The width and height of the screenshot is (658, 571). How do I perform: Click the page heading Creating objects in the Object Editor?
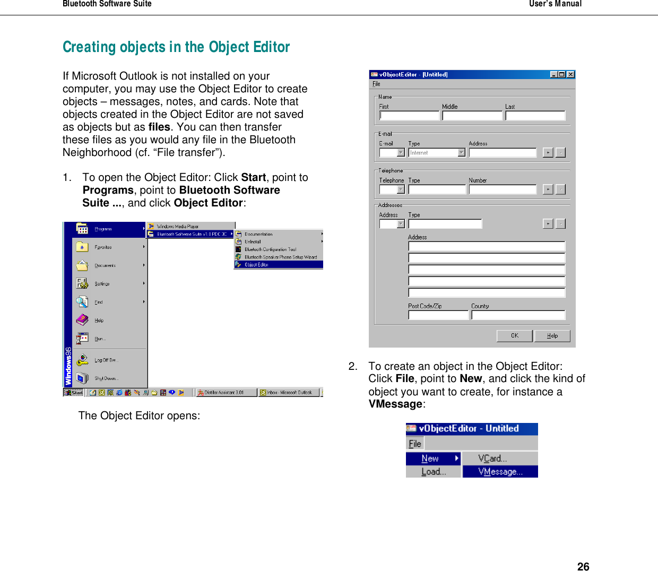176,47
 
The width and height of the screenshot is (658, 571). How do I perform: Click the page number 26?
583,566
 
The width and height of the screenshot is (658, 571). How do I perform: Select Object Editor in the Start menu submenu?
256,264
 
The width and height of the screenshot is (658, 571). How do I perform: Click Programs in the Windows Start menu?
103,229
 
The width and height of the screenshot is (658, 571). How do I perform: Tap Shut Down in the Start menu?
106,378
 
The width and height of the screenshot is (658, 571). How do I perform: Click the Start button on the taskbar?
74,393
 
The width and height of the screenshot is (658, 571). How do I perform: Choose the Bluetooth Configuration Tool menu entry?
270,249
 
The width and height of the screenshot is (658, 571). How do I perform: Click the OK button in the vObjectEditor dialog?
514,335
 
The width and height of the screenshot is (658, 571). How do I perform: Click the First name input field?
409,116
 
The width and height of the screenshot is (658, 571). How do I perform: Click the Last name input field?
535,116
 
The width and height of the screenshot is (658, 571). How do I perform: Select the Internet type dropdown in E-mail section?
437,153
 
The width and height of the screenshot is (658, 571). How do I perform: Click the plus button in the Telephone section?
548,189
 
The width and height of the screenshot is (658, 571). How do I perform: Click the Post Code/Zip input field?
438,315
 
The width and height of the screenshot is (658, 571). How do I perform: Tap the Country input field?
518,315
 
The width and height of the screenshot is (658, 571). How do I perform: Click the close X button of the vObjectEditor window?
570,75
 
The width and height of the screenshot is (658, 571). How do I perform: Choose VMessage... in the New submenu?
500,471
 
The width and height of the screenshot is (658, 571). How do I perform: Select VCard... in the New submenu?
492,458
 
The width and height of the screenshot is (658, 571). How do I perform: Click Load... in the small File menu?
434,471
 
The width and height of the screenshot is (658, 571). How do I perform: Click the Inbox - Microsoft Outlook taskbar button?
289,393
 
